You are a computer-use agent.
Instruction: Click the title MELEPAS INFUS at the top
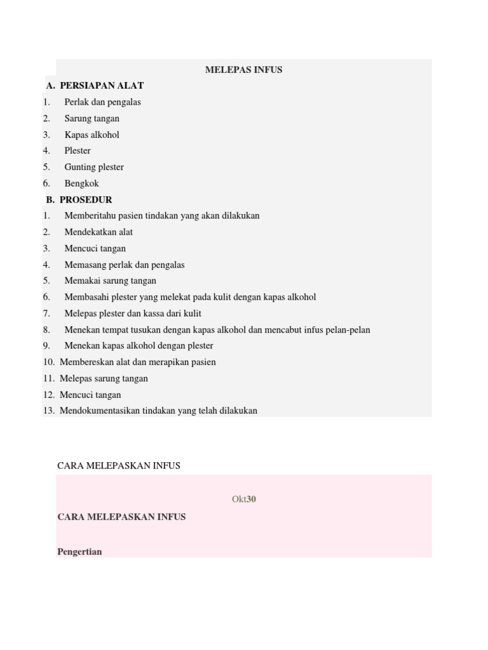pyautogui.click(x=243, y=70)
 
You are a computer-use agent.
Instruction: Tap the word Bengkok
pyautogui.click(x=81, y=183)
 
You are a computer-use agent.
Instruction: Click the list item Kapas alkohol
pyautogui.click(x=91, y=135)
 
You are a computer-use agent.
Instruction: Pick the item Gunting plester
pyautogui.click(x=94, y=167)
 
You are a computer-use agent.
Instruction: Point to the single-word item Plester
pyautogui.click(x=78, y=151)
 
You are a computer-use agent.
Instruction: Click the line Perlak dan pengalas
pyautogui.click(x=102, y=102)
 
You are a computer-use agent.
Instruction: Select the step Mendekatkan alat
pyautogui.click(x=98, y=232)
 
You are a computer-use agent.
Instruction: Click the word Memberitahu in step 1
pyautogui.click(x=90, y=216)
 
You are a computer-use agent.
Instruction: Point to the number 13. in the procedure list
pyautogui.click(x=49, y=411)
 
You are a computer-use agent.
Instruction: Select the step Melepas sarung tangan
pyautogui.click(x=104, y=378)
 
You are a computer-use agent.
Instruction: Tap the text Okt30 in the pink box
pyautogui.click(x=244, y=500)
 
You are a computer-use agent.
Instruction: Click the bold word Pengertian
pyautogui.click(x=79, y=552)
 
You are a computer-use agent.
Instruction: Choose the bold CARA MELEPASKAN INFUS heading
pyautogui.click(x=121, y=517)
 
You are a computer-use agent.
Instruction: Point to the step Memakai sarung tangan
pyautogui.click(x=110, y=281)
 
